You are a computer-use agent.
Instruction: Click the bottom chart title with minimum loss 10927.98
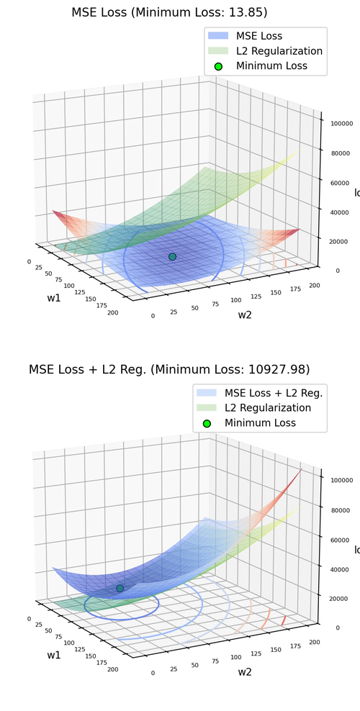point(168,369)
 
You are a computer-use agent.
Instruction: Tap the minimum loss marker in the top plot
point(172,257)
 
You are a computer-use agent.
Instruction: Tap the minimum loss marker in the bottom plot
point(120,588)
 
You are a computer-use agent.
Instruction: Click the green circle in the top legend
point(219,66)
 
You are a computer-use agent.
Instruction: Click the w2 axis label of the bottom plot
point(245,671)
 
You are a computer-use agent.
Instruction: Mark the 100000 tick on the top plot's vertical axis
point(341,124)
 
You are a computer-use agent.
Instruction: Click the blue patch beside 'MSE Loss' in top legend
point(219,36)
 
